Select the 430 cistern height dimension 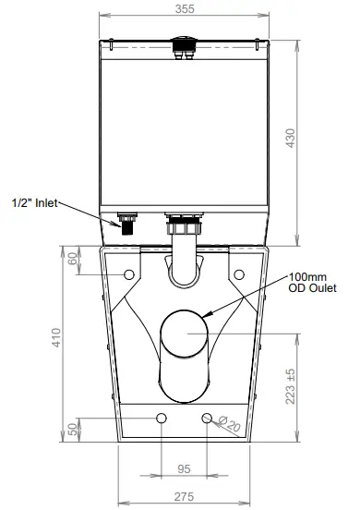click(293, 139)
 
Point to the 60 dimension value click(74, 261)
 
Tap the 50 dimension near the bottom click(74, 431)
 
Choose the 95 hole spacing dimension click(184, 468)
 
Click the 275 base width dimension click(184, 496)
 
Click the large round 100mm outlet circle click(184, 332)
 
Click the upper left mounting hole click(126, 273)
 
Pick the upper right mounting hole click(239, 273)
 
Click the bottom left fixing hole click(162, 419)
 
